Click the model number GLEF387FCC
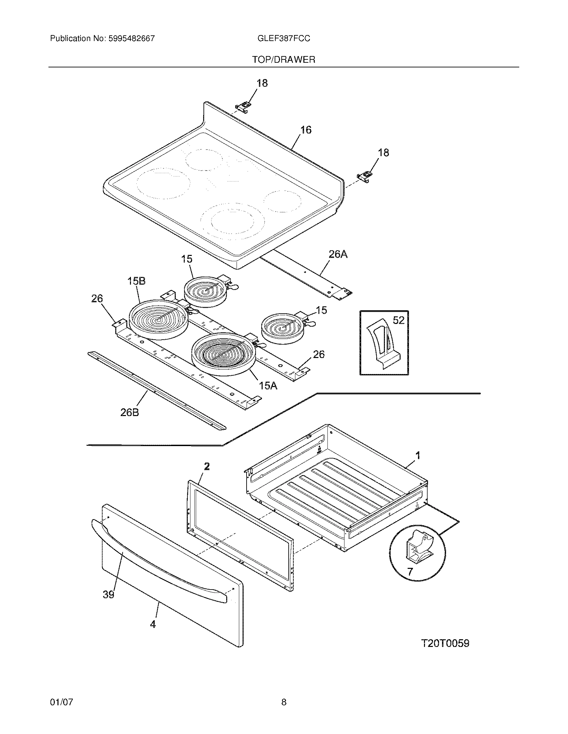coord(283,38)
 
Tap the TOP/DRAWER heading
coord(284,60)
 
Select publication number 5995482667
coord(132,38)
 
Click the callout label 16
coord(305,130)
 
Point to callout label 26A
coord(338,255)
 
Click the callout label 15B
coord(136,281)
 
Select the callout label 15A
coord(268,385)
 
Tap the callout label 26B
coord(130,412)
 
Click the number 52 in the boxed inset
coord(398,320)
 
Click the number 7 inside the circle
coord(410,572)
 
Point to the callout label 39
coord(108,595)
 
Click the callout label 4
coord(153,624)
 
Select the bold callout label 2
coord(206,466)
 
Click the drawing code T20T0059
coord(445,643)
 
